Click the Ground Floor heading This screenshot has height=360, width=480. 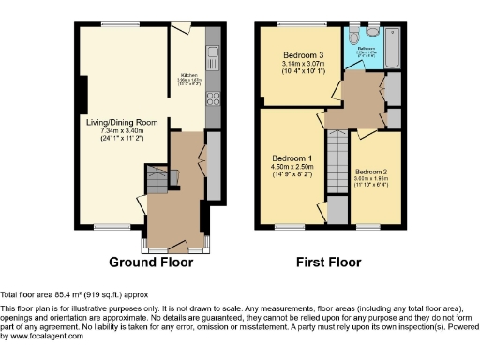152,262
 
